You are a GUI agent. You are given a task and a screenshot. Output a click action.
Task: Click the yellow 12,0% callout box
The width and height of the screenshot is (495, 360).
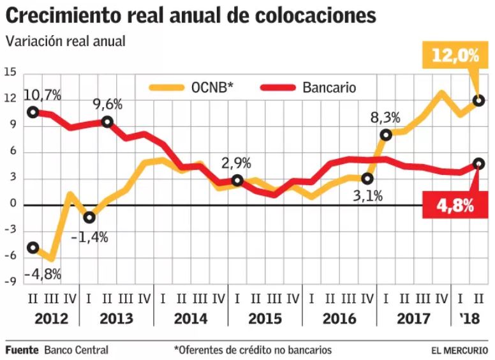pyautogui.click(x=455, y=56)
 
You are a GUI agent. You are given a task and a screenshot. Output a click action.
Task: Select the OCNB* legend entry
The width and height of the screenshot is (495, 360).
pyautogui.click(x=193, y=88)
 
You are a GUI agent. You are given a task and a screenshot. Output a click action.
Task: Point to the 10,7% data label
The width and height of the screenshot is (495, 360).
pyautogui.click(x=43, y=96)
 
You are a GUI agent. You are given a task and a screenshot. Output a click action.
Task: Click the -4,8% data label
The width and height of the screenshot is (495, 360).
pyautogui.click(x=43, y=275)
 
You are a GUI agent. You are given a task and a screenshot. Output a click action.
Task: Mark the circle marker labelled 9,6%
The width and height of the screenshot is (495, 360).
pyautogui.click(x=107, y=122)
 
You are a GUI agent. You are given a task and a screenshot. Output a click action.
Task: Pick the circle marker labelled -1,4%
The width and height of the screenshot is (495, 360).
pyautogui.click(x=89, y=218)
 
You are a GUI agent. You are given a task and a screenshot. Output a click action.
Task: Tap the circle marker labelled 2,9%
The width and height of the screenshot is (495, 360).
pyautogui.click(x=237, y=181)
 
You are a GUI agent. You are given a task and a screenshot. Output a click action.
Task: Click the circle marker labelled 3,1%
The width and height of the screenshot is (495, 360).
pyautogui.click(x=367, y=179)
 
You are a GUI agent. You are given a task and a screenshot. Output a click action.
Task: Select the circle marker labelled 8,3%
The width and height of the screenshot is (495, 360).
pyautogui.click(x=386, y=135)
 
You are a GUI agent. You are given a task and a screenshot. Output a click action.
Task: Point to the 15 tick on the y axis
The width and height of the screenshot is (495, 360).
pyautogui.click(x=10, y=73)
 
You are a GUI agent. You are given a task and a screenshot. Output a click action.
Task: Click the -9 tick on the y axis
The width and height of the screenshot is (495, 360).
pyautogui.click(x=10, y=283)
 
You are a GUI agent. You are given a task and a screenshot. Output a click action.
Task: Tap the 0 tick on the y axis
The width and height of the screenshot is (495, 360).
pyautogui.click(x=13, y=205)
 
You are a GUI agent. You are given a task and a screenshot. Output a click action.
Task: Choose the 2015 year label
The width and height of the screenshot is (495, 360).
pyautogui.click(x=265, y=319)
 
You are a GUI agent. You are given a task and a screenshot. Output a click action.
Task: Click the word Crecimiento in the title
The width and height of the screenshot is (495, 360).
pyautogui.click(x=71, y=15)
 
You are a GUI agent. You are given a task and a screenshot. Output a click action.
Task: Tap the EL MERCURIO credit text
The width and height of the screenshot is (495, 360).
pyautogui.click(x=459, y=350)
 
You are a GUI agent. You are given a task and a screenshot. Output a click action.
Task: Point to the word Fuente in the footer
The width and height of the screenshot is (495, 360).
pyautogui.click(x=22, y=350)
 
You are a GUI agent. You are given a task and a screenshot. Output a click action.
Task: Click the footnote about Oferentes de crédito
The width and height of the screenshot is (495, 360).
pyautogui.click(x=253, y=350)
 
